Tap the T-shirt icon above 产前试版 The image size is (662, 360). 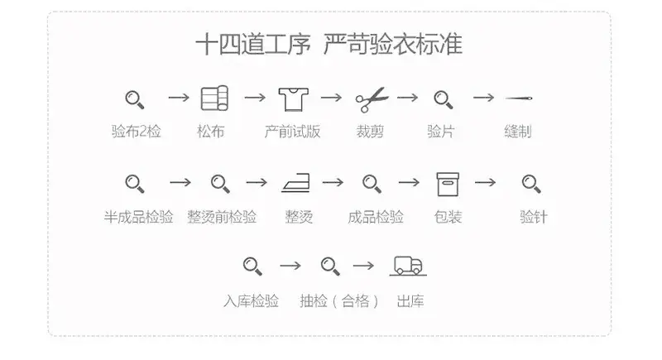tap(294, 99)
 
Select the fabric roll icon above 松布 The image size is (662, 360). tap(214, 98)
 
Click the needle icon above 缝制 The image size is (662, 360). tap(519, 98)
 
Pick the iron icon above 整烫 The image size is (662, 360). tap(295, 183)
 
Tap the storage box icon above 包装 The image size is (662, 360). tap(448, 185)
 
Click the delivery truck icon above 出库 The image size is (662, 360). tap(408, 266)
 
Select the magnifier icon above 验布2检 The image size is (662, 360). tap(135, 100)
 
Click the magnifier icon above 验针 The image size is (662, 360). tap(531, 185)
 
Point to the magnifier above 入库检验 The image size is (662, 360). tap(252, 266)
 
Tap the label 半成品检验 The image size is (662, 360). tap(138, 217)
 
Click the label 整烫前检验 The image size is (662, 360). tap(222, 217)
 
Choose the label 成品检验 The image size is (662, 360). tap(376, 217)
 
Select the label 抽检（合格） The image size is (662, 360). tap(338, 301)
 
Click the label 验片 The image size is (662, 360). tap(440, 132)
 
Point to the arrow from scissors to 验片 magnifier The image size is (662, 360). tap(407, 98)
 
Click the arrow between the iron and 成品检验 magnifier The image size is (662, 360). tap(333, 182)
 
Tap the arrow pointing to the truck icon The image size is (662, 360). tap(363, 266)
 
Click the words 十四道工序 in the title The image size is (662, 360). tap(253, 45)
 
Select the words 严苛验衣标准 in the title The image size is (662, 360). tap(392, 45)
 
